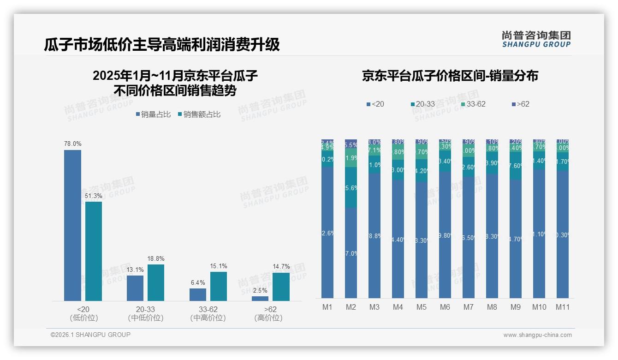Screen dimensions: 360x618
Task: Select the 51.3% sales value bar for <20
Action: point(94,251)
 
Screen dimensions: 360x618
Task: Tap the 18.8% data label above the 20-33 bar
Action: point(156,258)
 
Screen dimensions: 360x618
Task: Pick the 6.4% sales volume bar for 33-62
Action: point(198,294)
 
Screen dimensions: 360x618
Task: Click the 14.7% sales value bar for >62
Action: point(281,287)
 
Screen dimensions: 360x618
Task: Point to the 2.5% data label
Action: point(260,290)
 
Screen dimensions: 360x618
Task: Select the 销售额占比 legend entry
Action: point(199,114)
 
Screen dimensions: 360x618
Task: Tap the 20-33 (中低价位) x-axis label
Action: point(146,313)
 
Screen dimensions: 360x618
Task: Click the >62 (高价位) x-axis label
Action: point(268,313)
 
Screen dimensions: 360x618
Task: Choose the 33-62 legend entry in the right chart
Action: point(473,104)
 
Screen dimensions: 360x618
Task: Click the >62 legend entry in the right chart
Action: point(520,104)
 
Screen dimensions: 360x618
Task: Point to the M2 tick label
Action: point(351,307)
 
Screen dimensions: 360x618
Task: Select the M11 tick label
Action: point(562,307)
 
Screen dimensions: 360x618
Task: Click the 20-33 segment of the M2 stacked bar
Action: point(351,187)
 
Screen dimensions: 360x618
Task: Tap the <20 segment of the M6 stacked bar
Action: point(445,234)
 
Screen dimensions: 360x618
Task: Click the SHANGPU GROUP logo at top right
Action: point(536,39)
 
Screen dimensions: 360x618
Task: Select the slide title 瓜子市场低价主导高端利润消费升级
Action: point(162,45)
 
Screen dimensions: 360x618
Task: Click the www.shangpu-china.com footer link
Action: point(537,335)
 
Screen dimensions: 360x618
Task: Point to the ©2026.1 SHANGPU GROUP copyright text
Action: point(90,335)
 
